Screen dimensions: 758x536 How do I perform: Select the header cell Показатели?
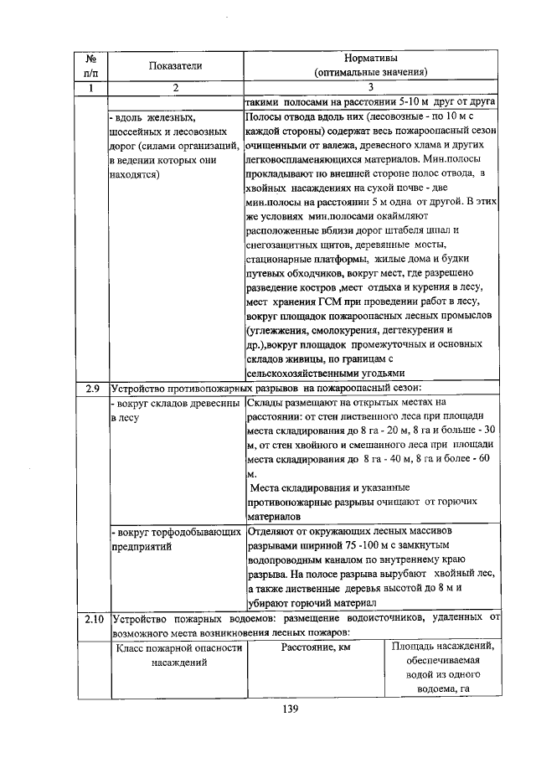coord(177,65)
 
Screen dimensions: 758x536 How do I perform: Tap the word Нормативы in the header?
coord(371,58)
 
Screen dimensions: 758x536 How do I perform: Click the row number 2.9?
coord(93,387)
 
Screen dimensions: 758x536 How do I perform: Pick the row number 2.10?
coord(93,620)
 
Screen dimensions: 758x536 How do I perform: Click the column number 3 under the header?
coord(371,87)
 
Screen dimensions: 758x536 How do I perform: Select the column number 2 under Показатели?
coord(177,87)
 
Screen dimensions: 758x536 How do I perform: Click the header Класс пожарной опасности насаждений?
coord(177,655)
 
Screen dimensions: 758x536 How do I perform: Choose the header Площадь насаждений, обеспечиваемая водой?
coord(442,668)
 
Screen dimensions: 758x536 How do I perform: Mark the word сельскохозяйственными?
coord(300,373)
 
